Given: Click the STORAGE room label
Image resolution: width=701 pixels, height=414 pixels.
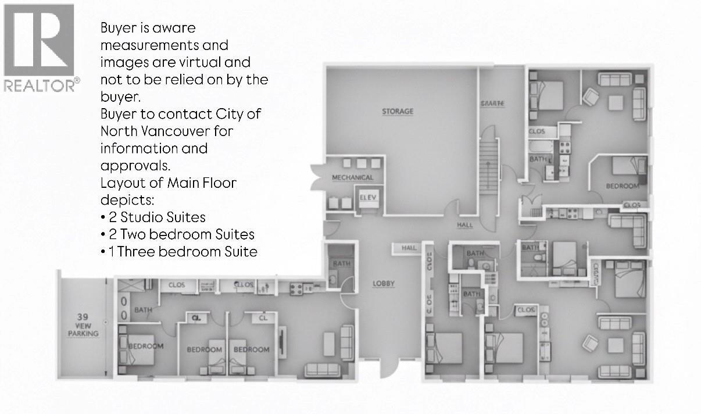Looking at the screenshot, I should coord(398,111).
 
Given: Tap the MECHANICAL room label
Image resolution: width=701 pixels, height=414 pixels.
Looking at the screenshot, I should coord(352,177).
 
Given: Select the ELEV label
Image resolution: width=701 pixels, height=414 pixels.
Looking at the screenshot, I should coord(368,198).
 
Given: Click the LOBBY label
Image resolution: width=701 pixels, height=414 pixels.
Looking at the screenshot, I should coord(384,284).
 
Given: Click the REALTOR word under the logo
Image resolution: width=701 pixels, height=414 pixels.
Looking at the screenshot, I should coord(40,85).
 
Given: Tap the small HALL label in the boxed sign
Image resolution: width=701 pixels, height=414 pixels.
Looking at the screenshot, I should coord(409,248).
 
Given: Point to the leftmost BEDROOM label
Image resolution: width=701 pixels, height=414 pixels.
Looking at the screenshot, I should coord(145,346).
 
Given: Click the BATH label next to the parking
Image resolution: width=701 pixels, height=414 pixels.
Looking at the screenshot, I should coord(143,310).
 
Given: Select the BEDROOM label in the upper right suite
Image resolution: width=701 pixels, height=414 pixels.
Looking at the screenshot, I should coord(621,186).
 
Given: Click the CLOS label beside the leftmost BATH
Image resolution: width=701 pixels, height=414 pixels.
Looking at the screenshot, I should coord(177,285).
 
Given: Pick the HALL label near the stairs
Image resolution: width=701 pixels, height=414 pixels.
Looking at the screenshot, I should coord(465,224).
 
